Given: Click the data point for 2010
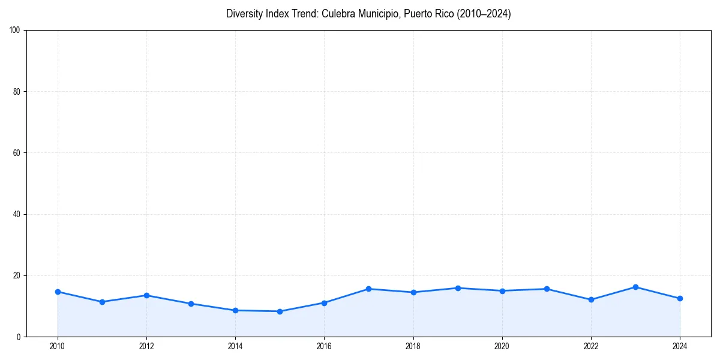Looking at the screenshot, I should tap(58, 292).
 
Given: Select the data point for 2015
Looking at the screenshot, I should tap(280, 311).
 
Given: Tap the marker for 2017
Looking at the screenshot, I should tap(368, 289).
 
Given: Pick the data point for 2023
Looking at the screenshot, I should tap(635, 287).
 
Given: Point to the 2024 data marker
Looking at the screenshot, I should tap(680, 298).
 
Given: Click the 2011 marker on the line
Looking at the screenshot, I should tap(102, 302).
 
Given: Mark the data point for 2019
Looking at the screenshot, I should tap(458, 288).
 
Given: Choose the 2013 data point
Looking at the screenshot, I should tap(191, 304).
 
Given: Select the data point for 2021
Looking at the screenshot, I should tap(547, 289).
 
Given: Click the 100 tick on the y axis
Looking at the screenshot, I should tap(16, 30).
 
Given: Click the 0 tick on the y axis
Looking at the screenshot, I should tap(19, 337).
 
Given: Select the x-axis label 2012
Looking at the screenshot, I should tap(146, 346).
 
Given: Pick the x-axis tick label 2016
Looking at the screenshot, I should tap(324, 346).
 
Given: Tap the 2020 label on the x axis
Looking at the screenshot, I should tap(502, 346).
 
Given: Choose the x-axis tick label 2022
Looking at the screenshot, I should tap(591, 346).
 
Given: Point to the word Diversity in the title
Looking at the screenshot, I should tap(245, 14).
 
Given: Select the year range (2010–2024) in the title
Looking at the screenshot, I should tap(484, 14).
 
